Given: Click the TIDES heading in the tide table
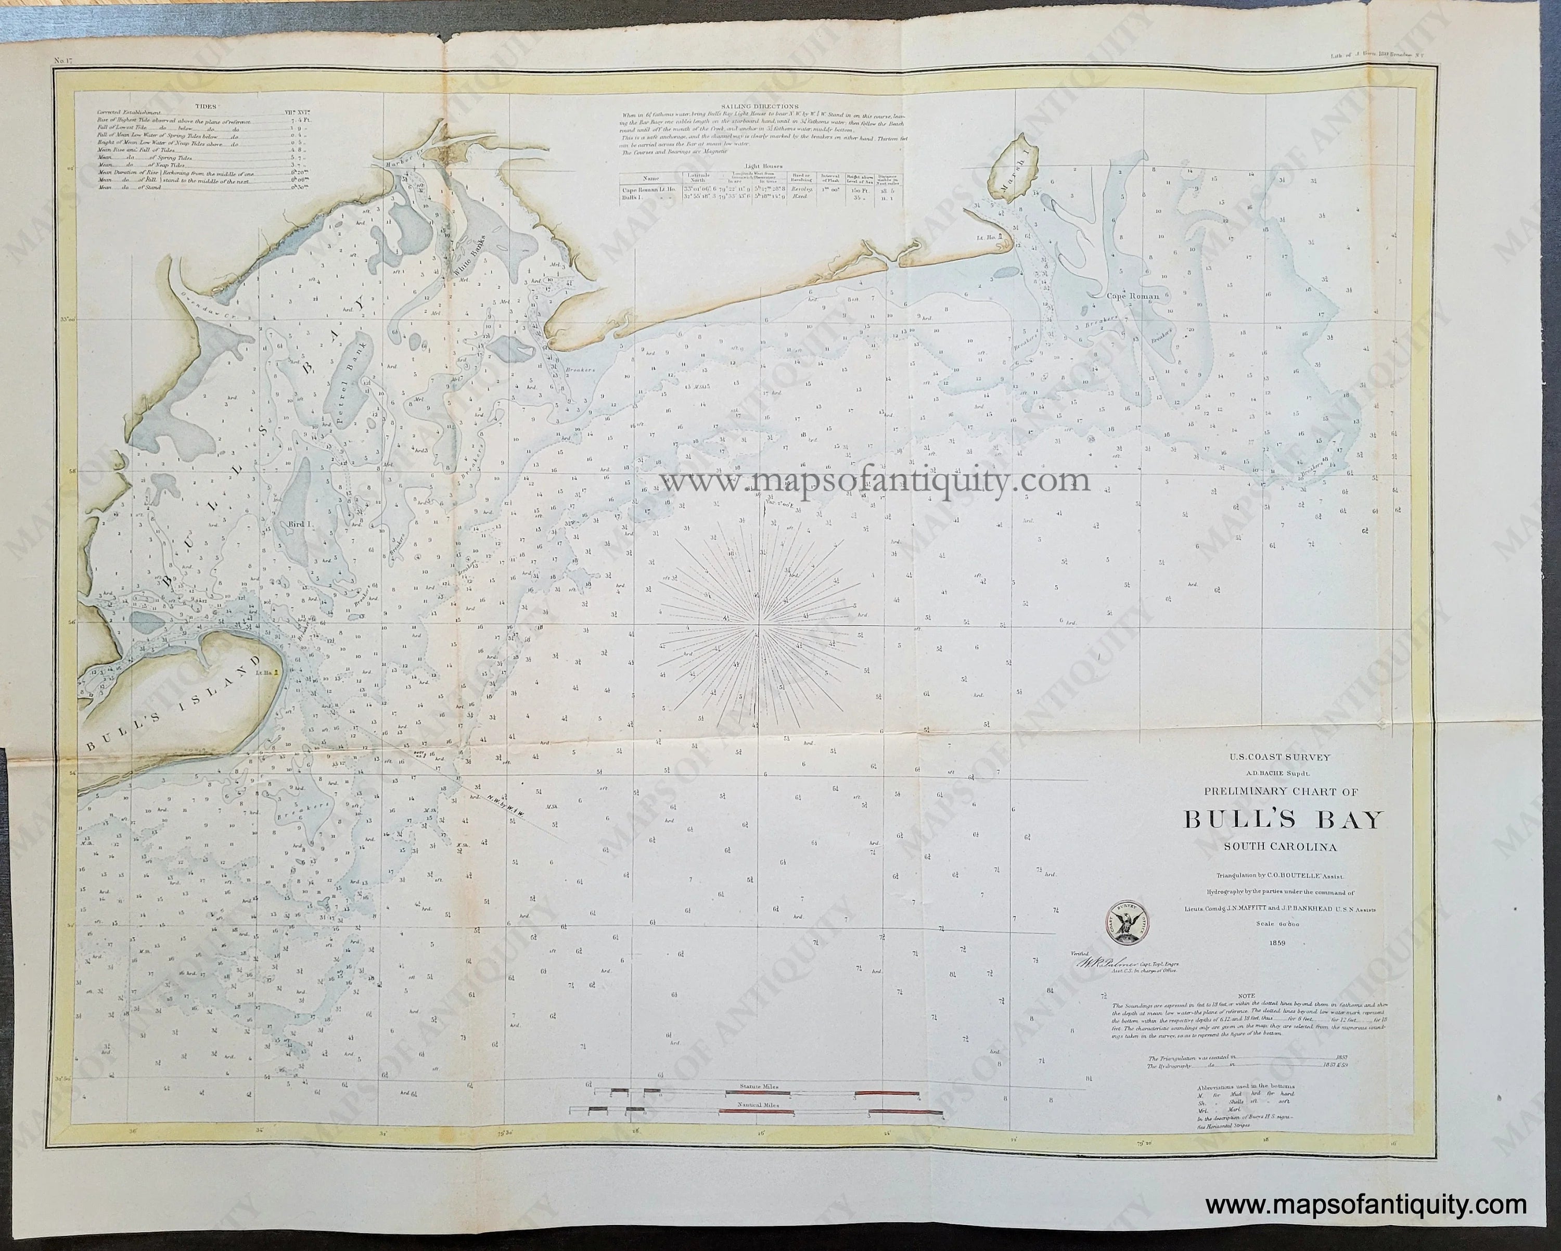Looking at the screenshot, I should pos(196,105).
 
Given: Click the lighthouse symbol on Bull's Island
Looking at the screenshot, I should pos(275,671).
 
